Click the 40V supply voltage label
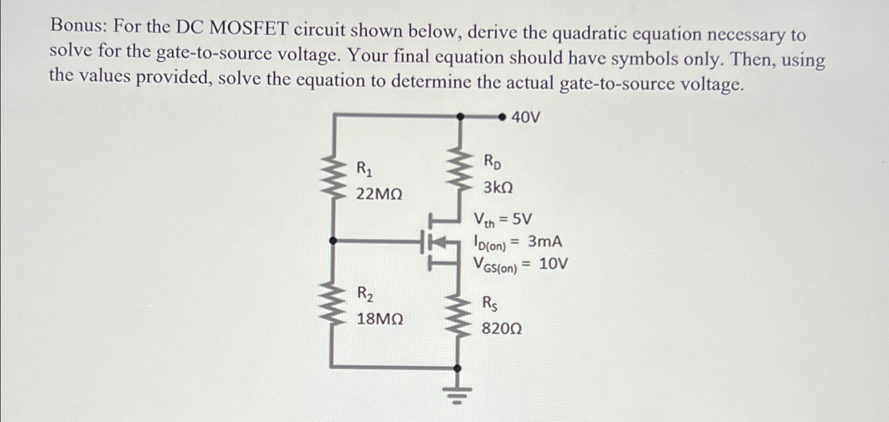[x=525, y=117]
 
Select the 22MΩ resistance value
[x=379, y=195]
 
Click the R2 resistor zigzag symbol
[x=333, y=304]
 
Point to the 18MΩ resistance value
[x=380, y=319]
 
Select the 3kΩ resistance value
[x=498, y=187]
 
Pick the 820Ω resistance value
[x=501, y=329]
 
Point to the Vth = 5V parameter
[x=502, y=220]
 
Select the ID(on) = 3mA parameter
[x=517, y=242]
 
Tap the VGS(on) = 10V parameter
[x=520, y=265]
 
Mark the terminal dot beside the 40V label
[x=502, y=117]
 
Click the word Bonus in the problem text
[x=77, y=26]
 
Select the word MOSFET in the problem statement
[x=249, y=29]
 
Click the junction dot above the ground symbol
[x=458, y=369]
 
